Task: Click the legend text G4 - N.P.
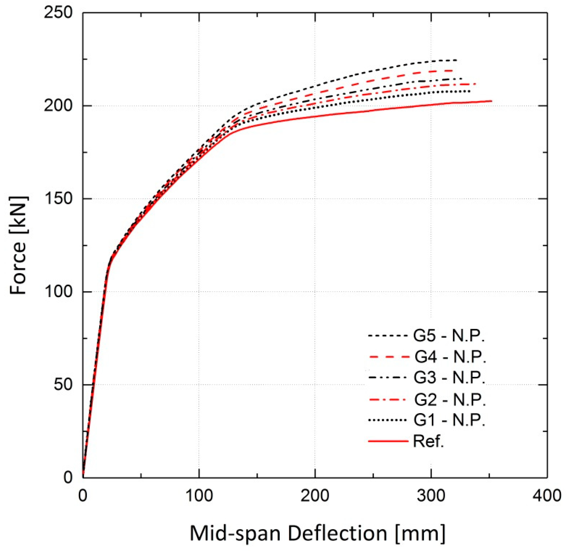[x=450, y=357]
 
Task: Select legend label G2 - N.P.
[x=450, y=400]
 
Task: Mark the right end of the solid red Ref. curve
[x=492, y=101]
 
